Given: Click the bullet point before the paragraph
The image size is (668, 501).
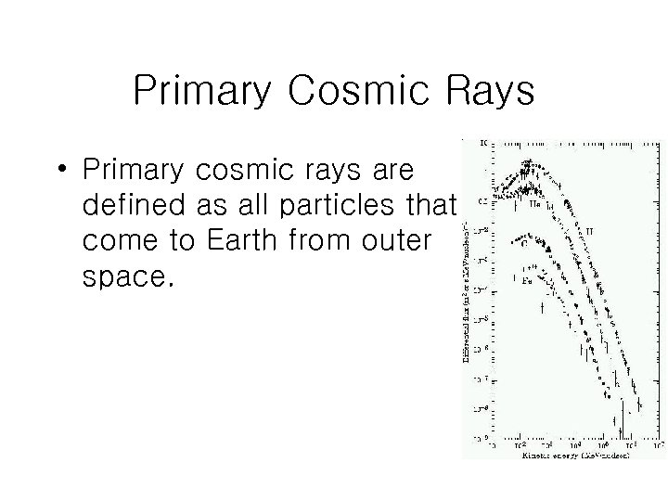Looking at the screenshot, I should pos(61,171).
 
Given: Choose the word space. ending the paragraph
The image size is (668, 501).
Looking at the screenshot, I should pos(128,276).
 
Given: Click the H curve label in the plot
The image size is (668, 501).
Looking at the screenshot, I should pos(590,230).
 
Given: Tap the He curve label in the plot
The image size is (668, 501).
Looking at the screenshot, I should pos(534,204).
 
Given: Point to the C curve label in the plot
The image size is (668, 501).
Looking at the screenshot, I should pos(525,245).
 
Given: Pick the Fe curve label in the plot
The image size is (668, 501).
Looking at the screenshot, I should pos(527,278).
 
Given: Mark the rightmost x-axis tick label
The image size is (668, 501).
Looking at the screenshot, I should pos(657,445).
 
